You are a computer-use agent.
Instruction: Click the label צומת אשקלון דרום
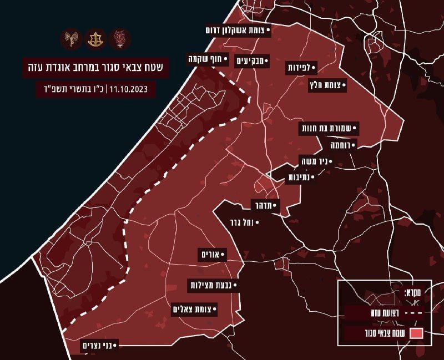pyautogui.click(x=238, y=31)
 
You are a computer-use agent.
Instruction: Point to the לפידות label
pyautogui.click(x=301, y=68)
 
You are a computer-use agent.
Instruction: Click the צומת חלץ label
pyautogui.click(x=327, y=85)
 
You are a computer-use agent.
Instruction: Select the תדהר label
pyautogui.click(x=265, y=206)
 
